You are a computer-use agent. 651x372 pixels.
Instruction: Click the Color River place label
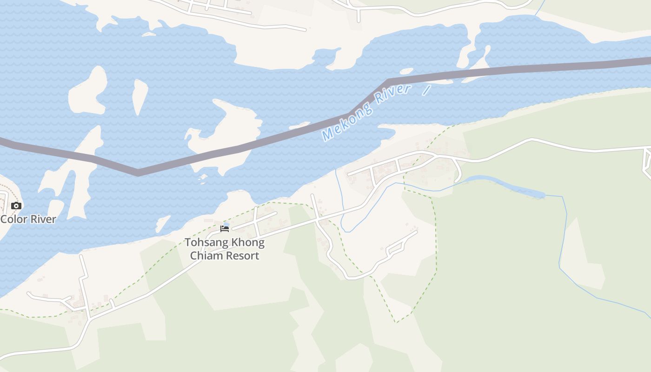[x=28, y=219]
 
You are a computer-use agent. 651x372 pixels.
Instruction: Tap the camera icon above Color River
[x=16, y=206]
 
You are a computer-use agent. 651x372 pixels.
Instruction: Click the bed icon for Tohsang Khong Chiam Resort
[x=225, y=229]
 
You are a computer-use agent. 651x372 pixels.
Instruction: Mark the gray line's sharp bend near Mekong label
[x=387, y=81]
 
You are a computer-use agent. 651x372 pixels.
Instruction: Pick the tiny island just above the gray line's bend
[x=406, y=72]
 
